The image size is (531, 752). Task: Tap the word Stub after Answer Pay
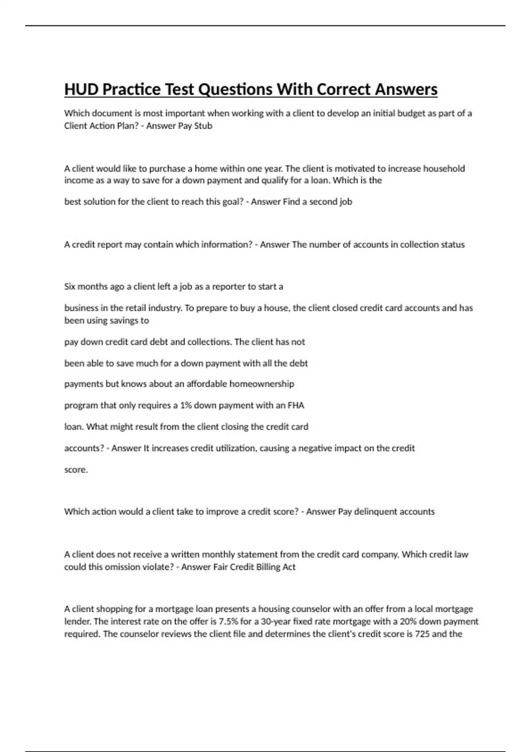click(203, 126)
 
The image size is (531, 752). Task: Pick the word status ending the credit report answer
click(451, 245)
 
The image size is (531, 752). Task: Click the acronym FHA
click(296, 406)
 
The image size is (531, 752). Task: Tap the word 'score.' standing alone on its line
click(76, 470)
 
